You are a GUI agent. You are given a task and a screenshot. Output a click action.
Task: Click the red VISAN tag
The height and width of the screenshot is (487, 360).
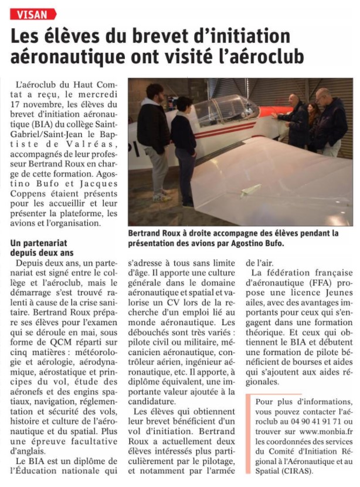[x=33, y=14]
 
